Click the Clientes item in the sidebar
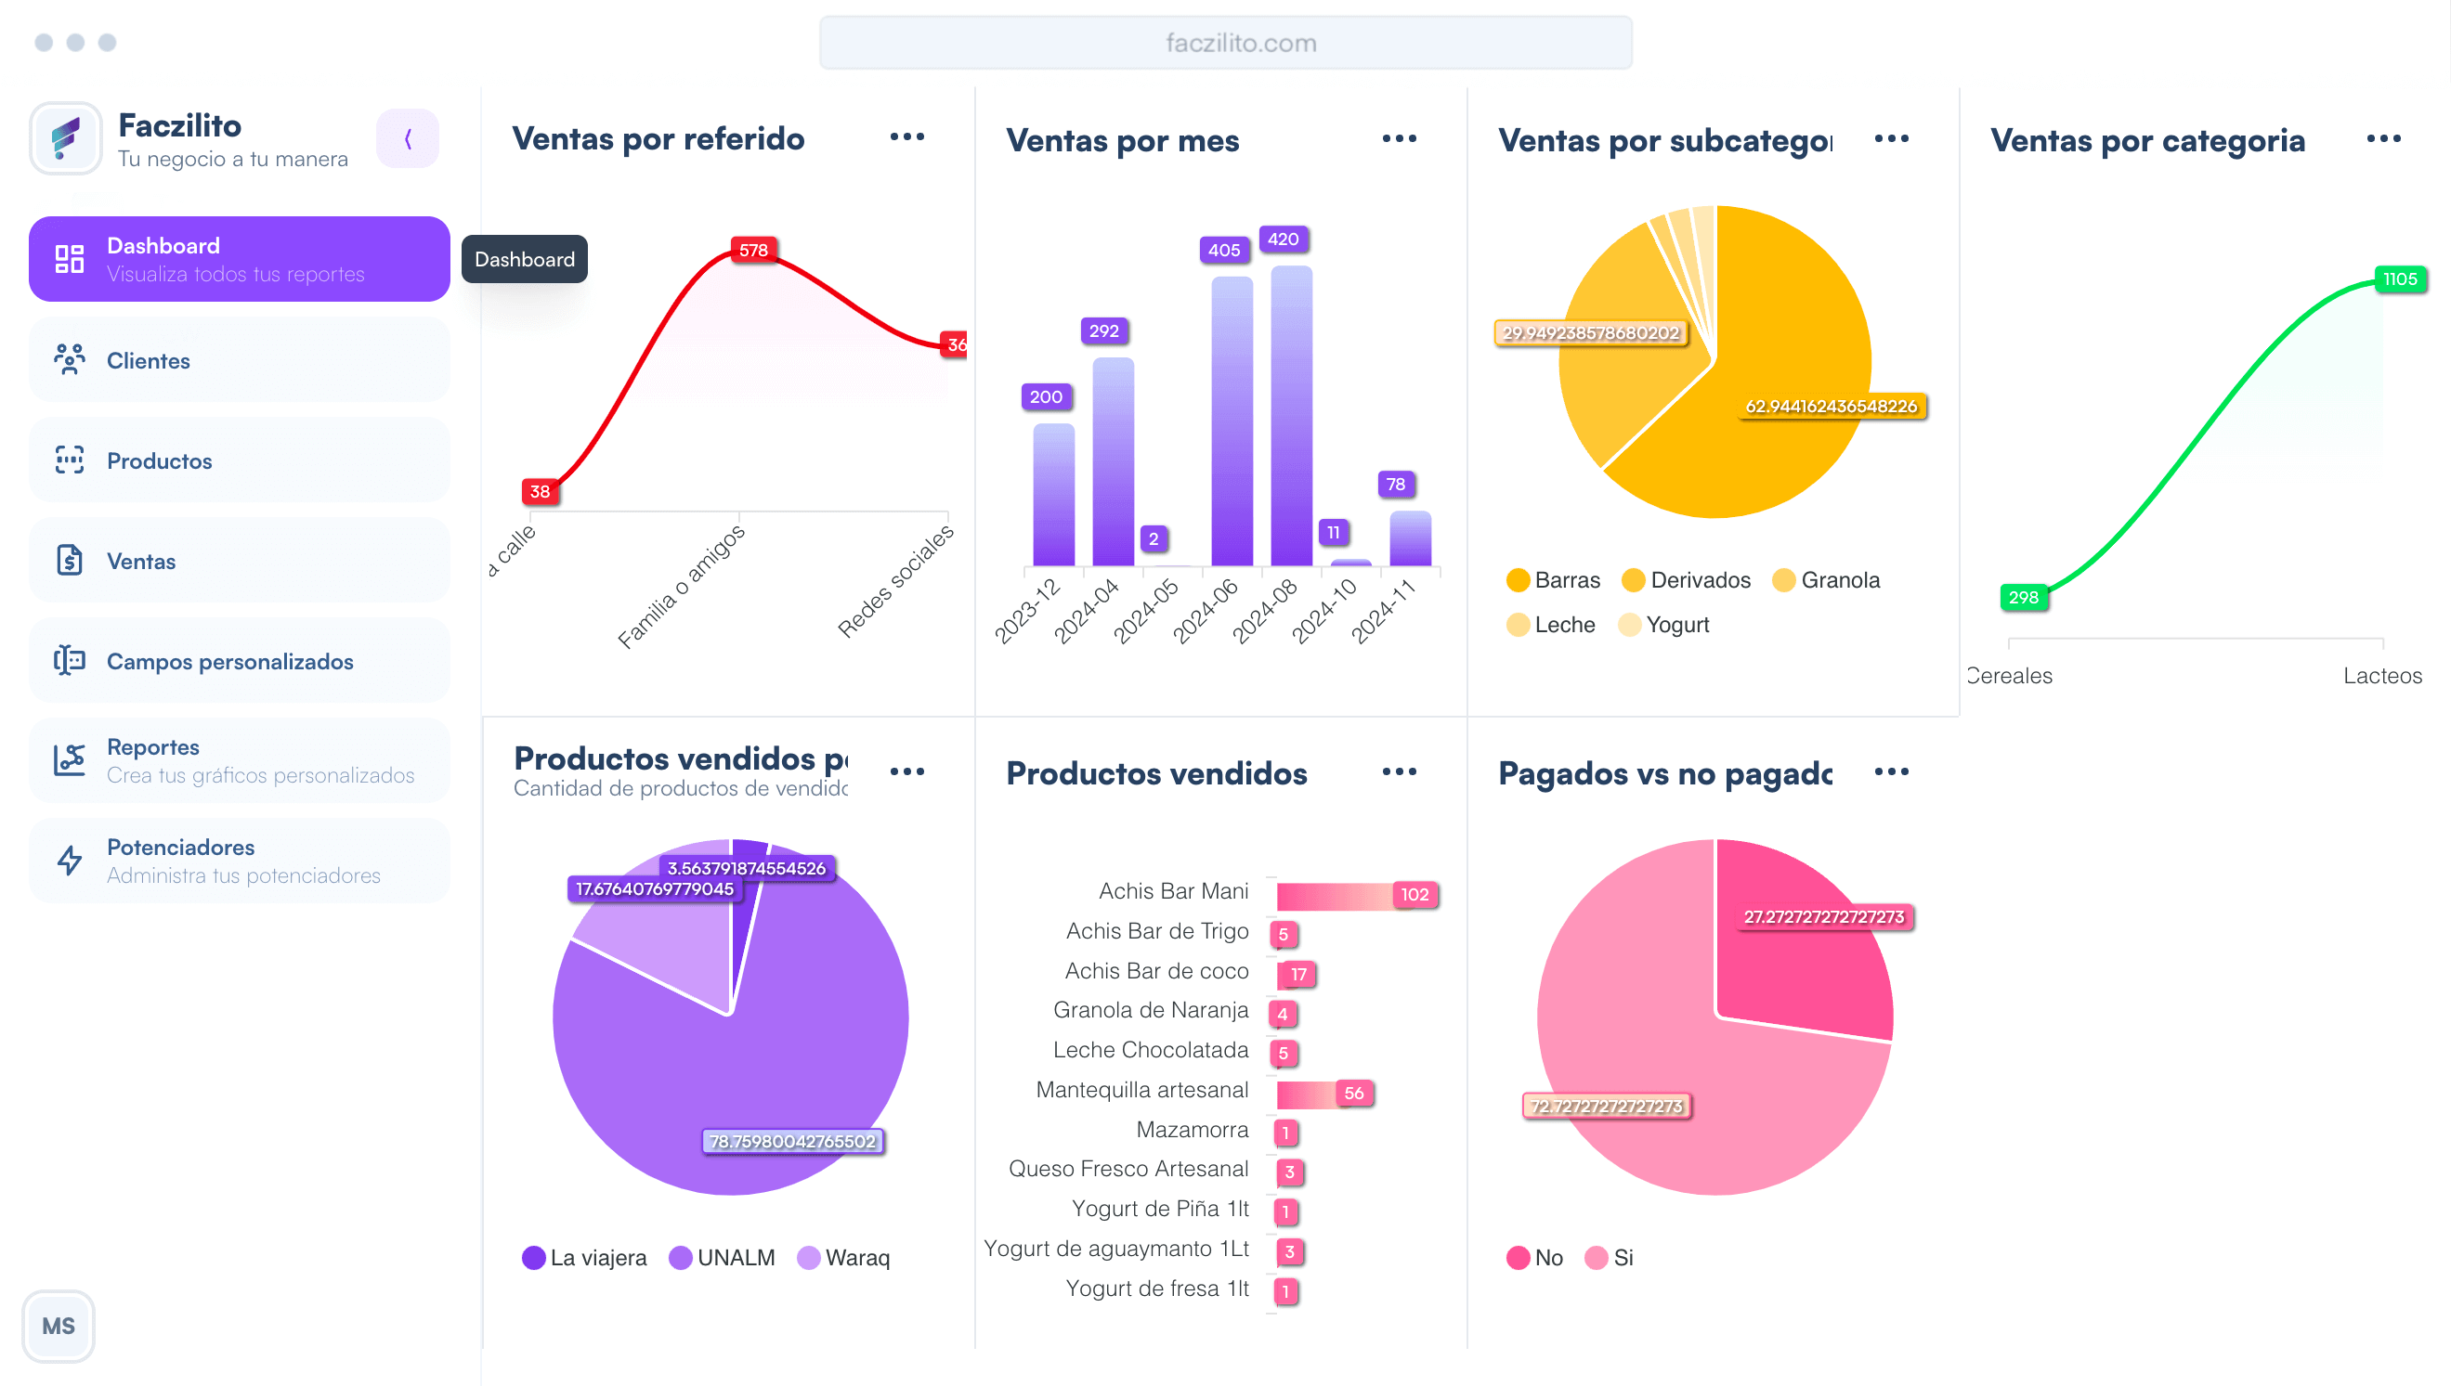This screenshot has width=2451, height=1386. pos(148,361)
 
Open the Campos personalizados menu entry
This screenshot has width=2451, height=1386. pos(229,662)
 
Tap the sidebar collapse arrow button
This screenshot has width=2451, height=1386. pos(408,139)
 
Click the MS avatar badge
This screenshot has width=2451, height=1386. pos(59,1325)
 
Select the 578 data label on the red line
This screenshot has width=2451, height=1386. pos(753,251)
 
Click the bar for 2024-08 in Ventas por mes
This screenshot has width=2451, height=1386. pos(1291,419)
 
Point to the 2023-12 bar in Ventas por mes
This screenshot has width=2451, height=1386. pos(1053,495)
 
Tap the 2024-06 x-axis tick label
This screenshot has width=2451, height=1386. pos(1206,610)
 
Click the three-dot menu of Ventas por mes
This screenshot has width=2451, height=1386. pos(1399,139)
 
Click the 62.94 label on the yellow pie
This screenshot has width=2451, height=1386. pos(1831,407)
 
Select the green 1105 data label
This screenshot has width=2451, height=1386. pos(2399,278)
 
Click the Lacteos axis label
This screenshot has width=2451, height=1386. pos(2381,676)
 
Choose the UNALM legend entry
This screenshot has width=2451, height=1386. pos(723,1258)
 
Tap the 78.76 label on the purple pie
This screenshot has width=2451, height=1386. pos(792,1141)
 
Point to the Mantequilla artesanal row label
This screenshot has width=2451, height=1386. pos(1141,1090)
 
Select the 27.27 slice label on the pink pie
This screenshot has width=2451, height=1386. pos(1822,916)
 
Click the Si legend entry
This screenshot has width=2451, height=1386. pos(1610,1258)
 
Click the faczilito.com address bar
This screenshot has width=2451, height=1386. pos(1226,43)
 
